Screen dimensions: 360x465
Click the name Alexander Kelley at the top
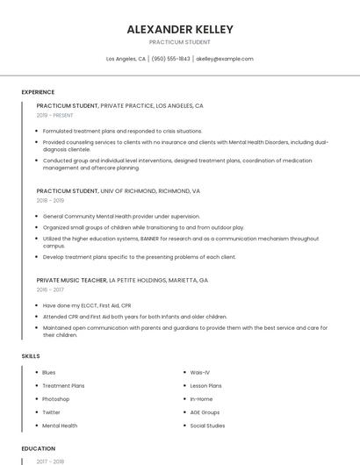180,29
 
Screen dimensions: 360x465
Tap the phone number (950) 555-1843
170,59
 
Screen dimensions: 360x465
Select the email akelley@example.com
225,59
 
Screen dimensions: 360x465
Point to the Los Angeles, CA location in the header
126,59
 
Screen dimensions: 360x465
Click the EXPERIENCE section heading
38,92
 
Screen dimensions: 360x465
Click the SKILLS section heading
31,356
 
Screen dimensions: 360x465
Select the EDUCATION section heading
38,448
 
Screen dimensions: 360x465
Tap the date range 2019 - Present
55,115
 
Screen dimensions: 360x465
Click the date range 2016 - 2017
50,289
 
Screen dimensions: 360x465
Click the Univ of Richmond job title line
118,190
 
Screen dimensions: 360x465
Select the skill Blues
49,372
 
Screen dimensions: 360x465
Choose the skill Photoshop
56,399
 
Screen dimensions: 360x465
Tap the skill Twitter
52,412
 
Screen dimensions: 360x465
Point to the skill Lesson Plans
206,385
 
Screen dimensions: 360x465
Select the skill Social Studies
208,426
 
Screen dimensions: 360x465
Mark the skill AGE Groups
205,412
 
